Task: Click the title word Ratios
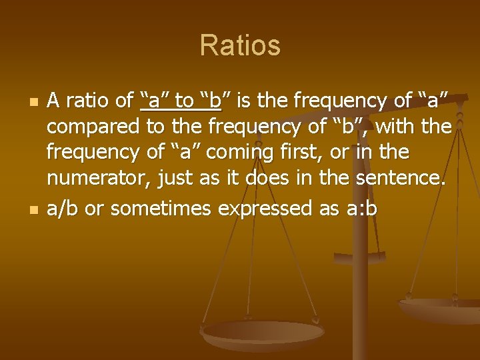click(240, 46)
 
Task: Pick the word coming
click(235, 153)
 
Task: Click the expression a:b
click(362, 209)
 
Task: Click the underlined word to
click(183, 101)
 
